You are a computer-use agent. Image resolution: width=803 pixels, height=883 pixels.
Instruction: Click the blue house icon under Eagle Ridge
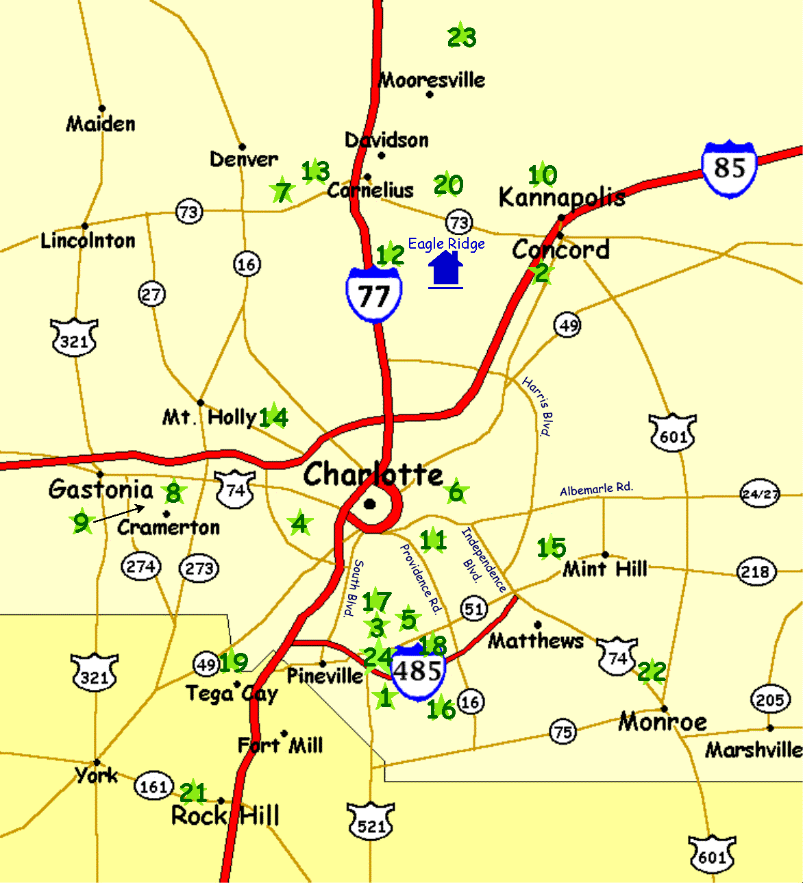pyautogui.click(x=446, y=269)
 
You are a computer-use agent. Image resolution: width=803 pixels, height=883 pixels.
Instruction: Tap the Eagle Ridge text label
pyautogui.click(x=446, y=244)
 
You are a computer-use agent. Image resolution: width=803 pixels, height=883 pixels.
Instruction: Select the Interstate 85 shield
pyautogui.click(x=729, y=168)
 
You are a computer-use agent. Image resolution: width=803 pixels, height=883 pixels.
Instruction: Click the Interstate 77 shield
pyautogui.click(x=373, y=295)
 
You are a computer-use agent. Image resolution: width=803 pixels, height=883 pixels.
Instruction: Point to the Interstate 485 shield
pyautogui.click(x=417, y=672)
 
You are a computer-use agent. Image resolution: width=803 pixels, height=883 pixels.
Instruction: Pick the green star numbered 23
pyautogui.click(x=461, y=37)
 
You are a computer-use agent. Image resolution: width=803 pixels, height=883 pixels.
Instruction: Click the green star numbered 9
pyautogui.click(x=82, y=523)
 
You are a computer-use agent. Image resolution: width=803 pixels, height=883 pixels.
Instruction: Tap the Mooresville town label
pyautogui.click(x=432, y=80)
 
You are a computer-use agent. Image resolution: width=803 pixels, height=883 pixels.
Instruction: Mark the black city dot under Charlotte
pyautogui.click(x=370, y=505)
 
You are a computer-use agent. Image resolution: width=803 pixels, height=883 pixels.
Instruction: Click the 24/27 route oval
pyautogui.click(x=759, y=493)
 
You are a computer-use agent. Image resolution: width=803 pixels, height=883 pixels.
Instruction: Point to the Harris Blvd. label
pyautogui.click(x=537, y=406)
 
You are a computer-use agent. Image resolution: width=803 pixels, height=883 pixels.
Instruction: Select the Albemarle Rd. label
pyautogui.click(x=596, y=489)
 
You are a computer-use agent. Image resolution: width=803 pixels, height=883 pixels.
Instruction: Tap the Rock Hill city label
pyautogui.click(x=225, y=816)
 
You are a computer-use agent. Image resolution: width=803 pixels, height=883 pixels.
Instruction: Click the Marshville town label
pyautogui.click(x=754, y=750)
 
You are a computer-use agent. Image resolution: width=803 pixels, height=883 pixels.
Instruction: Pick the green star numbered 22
pyautogui.click(x=651, y=672)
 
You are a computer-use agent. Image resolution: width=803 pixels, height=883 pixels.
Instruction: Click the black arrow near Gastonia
pyautogui.click(x=119, y=514)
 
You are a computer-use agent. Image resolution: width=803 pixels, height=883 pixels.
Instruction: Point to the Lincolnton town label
pyautogui.click(x=88, y=240)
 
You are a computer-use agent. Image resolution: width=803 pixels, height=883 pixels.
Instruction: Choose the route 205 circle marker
pyautogui.click(x=770, y=699)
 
